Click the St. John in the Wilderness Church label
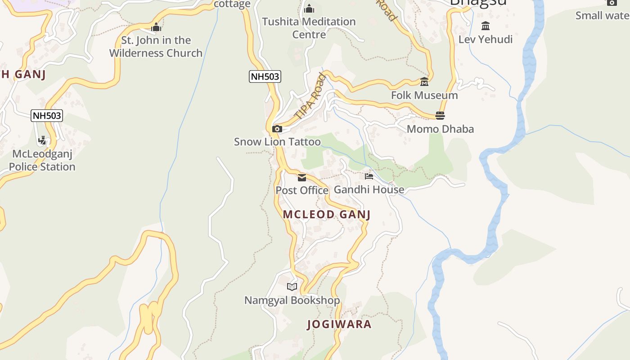[156, 47]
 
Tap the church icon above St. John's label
[156, 27]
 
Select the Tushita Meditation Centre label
[309, 28]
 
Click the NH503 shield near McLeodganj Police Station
[47, 116]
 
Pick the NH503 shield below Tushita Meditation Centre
[265, 76]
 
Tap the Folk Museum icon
[424, 82]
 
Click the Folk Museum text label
[424, 95]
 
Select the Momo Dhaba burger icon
[440, 116]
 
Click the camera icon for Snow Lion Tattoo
[277, 129]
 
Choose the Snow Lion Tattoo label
[277, 142]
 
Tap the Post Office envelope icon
[301, 178]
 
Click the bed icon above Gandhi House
[369, 176]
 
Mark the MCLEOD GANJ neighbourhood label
[327, 215]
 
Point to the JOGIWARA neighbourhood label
[339, 324]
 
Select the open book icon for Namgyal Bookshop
[292, 287]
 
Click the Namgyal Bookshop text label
[292, 300]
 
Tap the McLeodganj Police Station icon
[42, 140]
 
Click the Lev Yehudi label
[485, 40]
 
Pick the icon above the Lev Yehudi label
[485, 26]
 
